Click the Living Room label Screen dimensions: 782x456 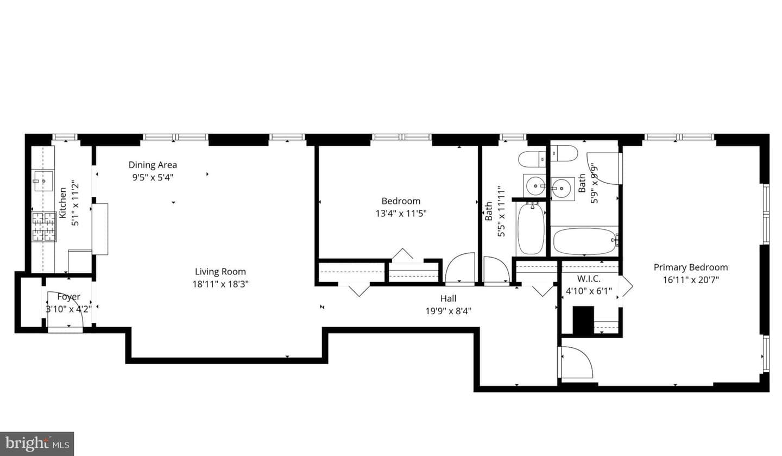tap(220, 272)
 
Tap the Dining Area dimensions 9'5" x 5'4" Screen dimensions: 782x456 tap(153, 178)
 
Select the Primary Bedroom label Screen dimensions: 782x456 tap(691, 267)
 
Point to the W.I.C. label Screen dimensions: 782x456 tap(589, 279)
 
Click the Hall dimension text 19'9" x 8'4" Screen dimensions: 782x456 tap(448, 311)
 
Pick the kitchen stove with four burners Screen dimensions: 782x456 tap(44, 227)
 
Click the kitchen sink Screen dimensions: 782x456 tap(43, 181)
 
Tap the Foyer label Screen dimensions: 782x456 tap(69, 297)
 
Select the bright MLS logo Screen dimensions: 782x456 tap(37, 443)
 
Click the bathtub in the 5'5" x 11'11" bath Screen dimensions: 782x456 tap(531, 229)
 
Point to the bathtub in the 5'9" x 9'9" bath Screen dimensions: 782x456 tap(584, 241)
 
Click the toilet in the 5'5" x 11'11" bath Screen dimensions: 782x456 tap(532, 160)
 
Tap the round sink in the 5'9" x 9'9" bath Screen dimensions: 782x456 tap(563, 189)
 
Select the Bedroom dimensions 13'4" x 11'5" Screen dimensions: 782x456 tap(401, 213)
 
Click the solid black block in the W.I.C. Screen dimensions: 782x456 tap(583, 320)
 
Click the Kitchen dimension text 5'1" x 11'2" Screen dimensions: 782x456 tap(75, 203)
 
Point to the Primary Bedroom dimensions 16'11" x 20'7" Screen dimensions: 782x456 tap(691, 280)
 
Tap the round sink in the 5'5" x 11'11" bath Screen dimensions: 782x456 tap(534, 186)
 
